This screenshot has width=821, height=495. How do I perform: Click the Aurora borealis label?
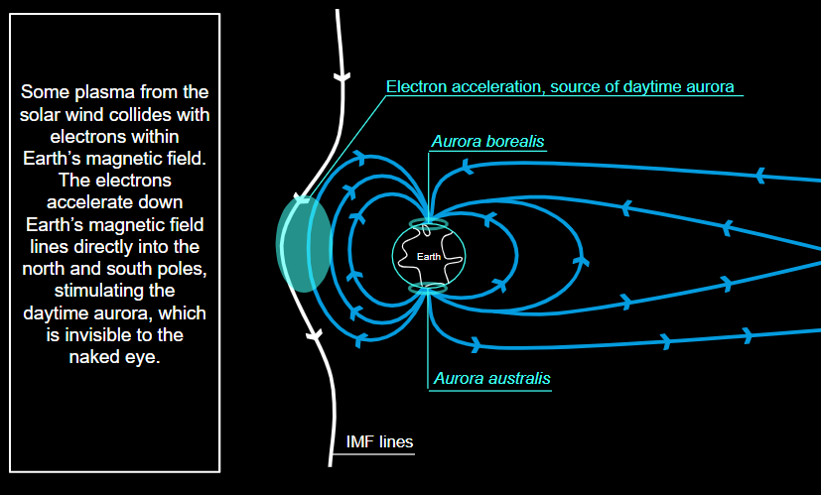487,142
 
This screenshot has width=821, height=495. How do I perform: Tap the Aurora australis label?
491,379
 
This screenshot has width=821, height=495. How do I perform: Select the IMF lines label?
378,442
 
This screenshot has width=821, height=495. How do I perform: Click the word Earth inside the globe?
429,257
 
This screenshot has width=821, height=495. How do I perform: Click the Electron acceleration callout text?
560,86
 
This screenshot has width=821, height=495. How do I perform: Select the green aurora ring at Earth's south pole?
430,289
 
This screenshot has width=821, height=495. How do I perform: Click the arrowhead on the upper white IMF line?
342,76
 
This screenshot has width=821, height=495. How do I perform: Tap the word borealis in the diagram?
515,142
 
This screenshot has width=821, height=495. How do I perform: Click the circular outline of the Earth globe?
393,257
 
